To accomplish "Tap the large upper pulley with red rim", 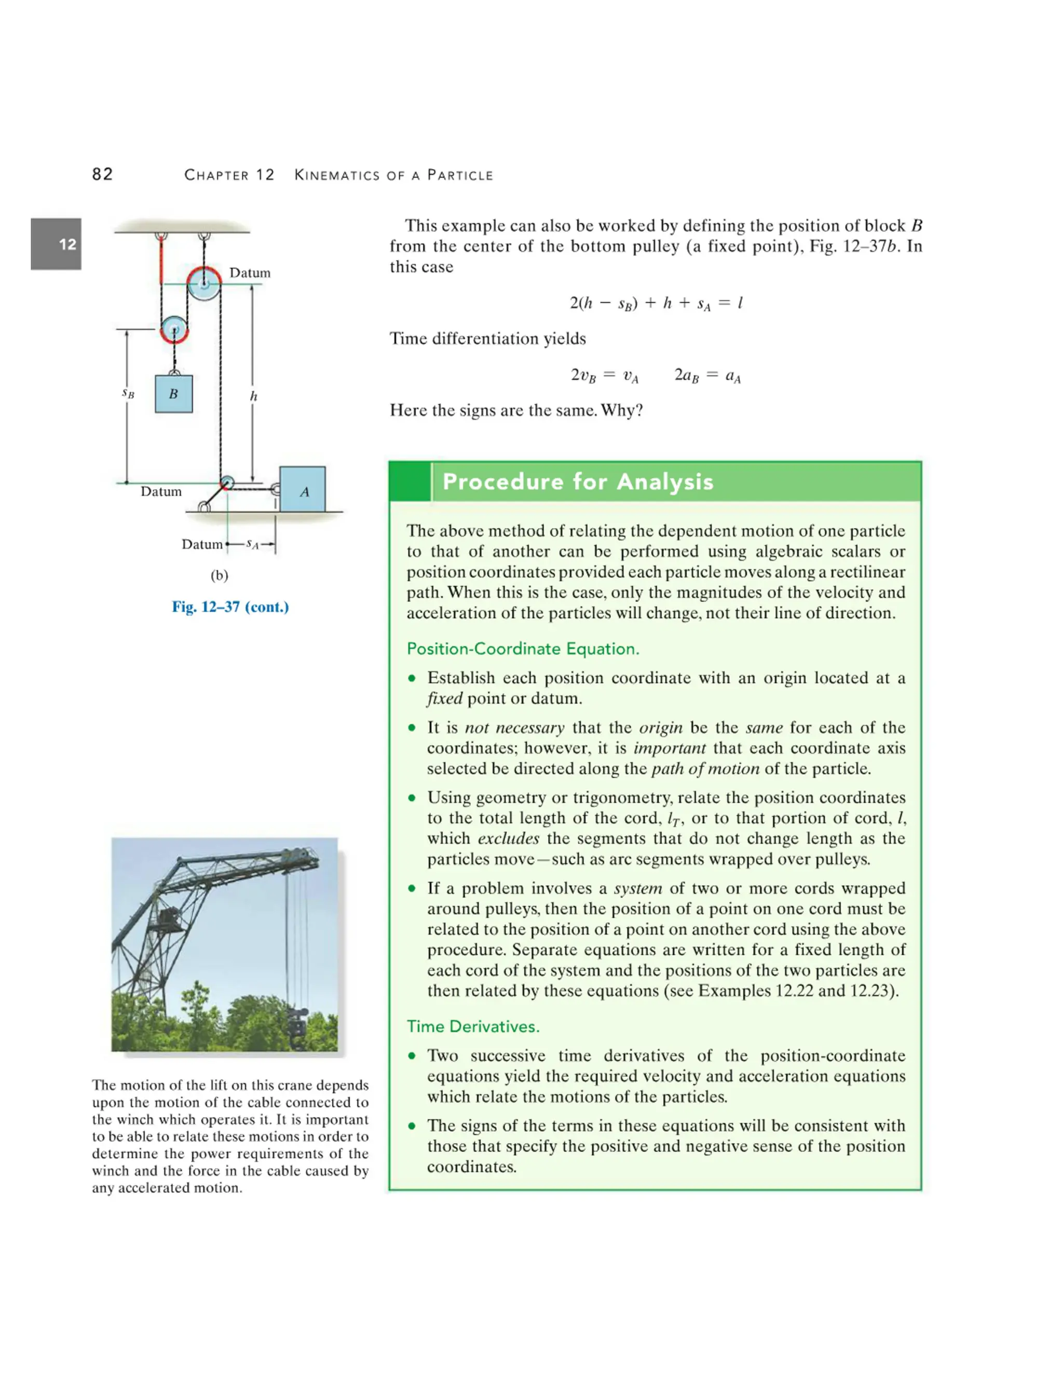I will pyautogui.click(x=204, y=283).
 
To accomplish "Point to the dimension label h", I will pyautogui.click(x=253, y=396).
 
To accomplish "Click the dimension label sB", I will pyautogui.click(x=128, y=393).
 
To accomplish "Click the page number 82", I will pyautogui.click(x=103, y=174).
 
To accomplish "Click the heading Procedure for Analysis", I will pyautogui.click(x=578, y=482).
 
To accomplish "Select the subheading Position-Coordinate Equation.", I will pyautogui.click(x=523, y=649).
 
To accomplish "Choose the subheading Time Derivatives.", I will pyautogui.click(x=473, y=1026).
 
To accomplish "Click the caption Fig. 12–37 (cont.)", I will pyautogui.click(x=230, y=607).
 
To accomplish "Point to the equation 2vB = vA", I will pyautogui.click(x=604, y=376).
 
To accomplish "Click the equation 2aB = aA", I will pyautogui.click(x=707, y=376).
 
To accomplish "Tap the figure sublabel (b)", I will pyautogui.click(x=219, y=575).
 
